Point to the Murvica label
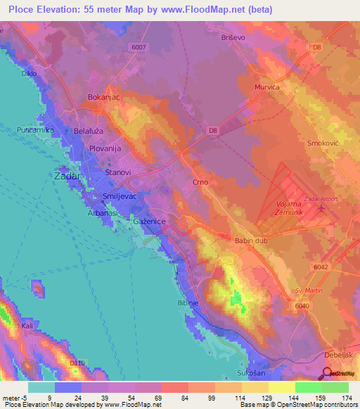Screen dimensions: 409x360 coord(266,87)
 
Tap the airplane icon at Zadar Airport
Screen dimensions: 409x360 coord(322,208)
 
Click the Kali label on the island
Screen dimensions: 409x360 coord(27,327)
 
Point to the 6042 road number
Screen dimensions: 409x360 coord(321,267)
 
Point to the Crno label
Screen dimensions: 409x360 coord(200,183)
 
